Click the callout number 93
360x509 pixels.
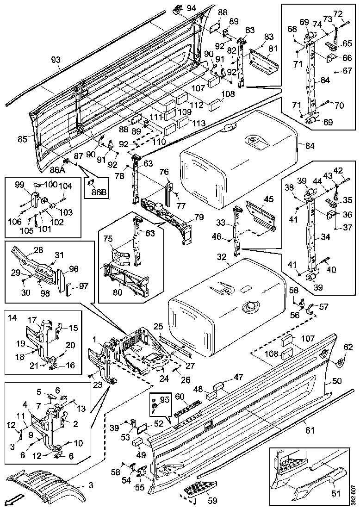click(x=56, y=60)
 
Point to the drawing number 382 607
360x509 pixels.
click(x=353, y=494)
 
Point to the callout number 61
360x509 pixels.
click(x=310, y=430)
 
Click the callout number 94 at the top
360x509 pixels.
click(x=191, y=8)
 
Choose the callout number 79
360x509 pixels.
click(x=199, y=217)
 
